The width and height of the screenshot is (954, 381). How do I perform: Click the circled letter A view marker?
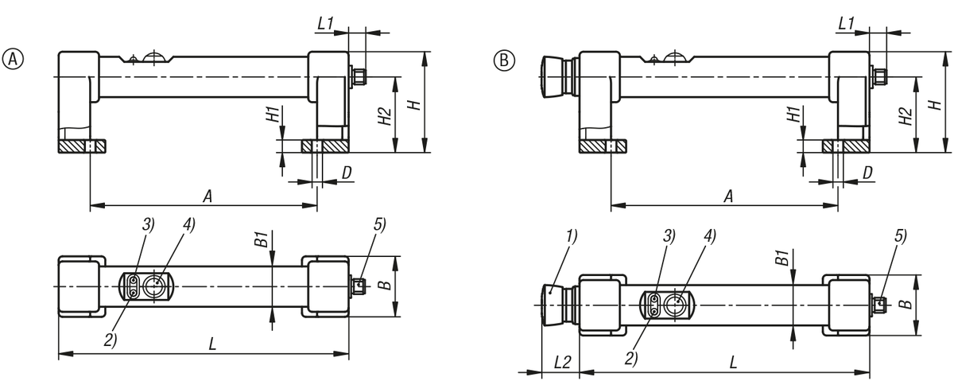pos(13,59)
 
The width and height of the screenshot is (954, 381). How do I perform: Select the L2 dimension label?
pos(560,361)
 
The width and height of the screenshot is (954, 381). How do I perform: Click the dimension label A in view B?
pos(728,196)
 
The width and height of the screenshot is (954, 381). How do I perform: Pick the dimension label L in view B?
pos(731,361)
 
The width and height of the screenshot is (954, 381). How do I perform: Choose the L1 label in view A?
pos(324,25)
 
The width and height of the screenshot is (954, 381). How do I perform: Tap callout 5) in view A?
pos(378,224)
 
